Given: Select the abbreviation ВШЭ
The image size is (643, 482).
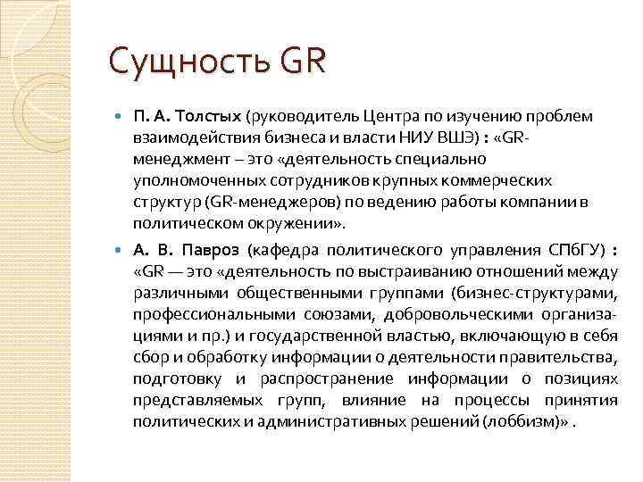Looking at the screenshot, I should (439, 138).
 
